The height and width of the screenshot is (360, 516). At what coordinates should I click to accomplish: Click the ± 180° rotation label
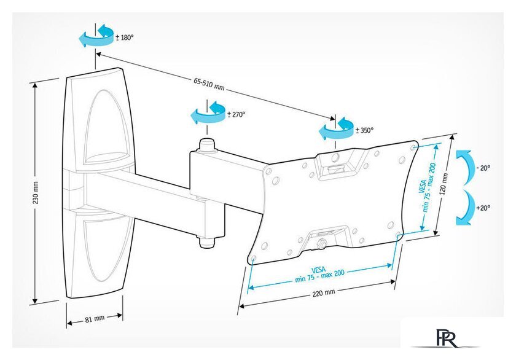click(125, 37)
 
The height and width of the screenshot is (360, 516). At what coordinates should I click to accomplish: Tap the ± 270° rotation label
click(237, 114)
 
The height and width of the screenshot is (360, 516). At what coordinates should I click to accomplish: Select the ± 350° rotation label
click(365, 130)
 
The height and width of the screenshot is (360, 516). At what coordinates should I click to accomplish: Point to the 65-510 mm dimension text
click(209, 84)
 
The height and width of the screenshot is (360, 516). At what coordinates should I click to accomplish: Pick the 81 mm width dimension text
click(95, 318)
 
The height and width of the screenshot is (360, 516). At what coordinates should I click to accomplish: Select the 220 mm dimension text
click(324, 293)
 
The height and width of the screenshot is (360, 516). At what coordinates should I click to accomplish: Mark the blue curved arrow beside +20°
click(464, 208)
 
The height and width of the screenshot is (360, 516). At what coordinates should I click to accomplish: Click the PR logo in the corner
click(445, 340)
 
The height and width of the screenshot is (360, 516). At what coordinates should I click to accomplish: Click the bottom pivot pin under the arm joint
click(206, 241)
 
